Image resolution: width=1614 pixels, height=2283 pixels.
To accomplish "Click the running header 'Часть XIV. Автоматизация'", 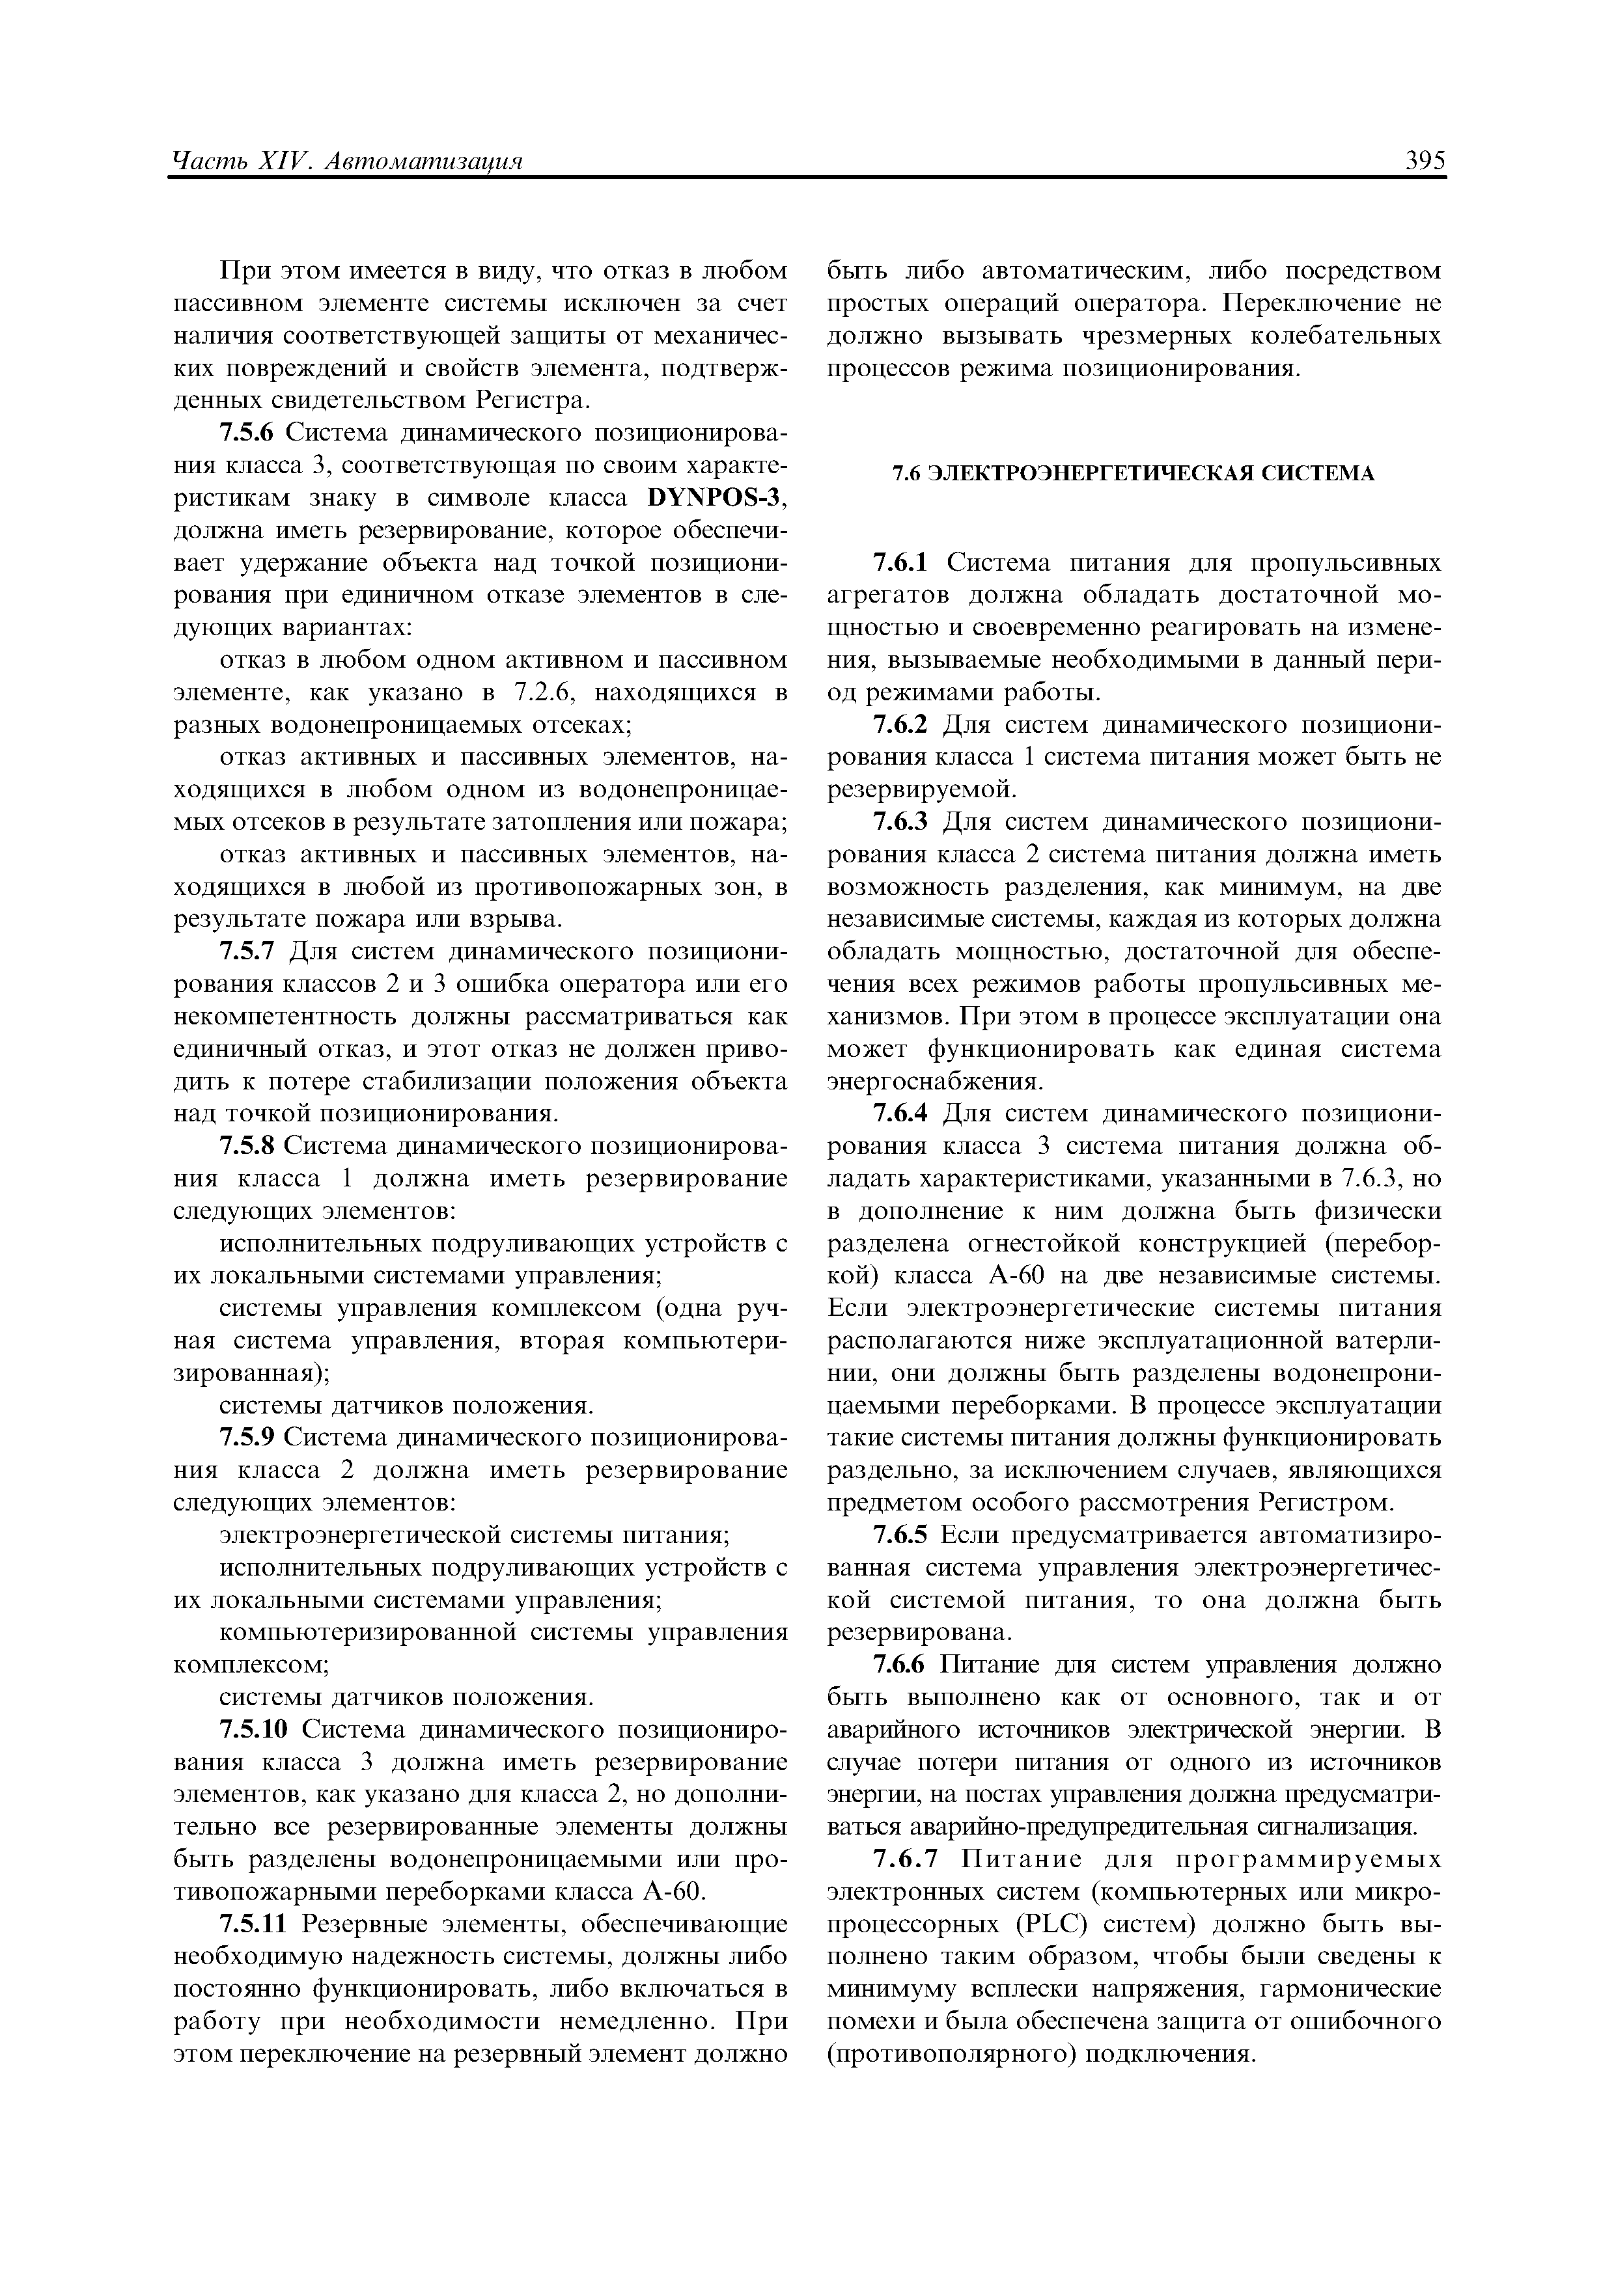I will [348, 161].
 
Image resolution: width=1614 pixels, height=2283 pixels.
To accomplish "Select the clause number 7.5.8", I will [247, 1147].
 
